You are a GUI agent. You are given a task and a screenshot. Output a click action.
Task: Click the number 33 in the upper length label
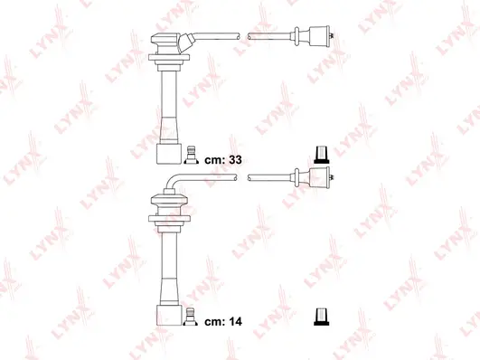coord(237,158)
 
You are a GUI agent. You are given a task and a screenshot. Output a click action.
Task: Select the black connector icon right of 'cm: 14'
coord(319,316)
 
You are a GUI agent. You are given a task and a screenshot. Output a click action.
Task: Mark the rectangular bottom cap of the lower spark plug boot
coord(166,313)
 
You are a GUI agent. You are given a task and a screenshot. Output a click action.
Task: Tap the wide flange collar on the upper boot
coord(167,61)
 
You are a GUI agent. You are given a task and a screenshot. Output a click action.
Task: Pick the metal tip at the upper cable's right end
coord(336,37)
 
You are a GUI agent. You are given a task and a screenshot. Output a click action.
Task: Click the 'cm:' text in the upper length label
coord(213,158)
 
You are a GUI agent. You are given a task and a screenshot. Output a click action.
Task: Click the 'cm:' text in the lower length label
coord(213,320)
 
